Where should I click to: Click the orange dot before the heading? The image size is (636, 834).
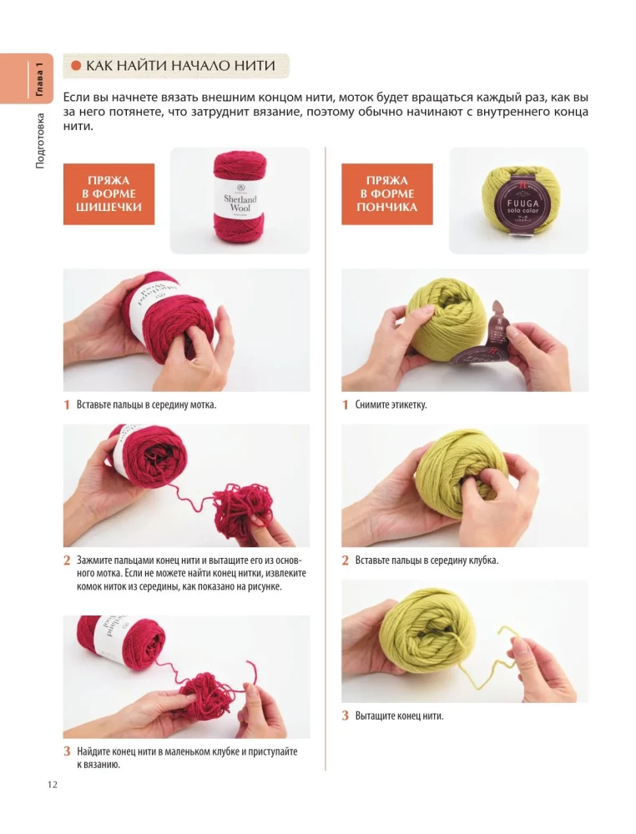[75, 66]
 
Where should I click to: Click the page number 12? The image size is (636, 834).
[52, 783]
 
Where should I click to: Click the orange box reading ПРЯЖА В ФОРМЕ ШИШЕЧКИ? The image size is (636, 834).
[109, 193]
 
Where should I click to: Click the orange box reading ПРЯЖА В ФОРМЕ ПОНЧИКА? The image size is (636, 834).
[386, 193]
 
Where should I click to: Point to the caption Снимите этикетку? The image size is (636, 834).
[391, 404]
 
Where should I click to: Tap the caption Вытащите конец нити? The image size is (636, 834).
[399, 715]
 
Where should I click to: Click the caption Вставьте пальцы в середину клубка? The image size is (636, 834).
[426, 560]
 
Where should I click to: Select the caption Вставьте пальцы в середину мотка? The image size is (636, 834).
[146, 404]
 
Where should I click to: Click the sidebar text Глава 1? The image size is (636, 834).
[38, 72]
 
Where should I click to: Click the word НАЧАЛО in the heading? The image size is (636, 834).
[200, 66]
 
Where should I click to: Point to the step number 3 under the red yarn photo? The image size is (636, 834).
[67, 751]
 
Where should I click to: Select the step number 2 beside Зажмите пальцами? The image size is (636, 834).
[67, 560]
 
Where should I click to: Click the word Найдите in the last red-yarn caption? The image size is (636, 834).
[96, 751]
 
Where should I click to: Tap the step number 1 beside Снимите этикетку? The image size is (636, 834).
[346, 404]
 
